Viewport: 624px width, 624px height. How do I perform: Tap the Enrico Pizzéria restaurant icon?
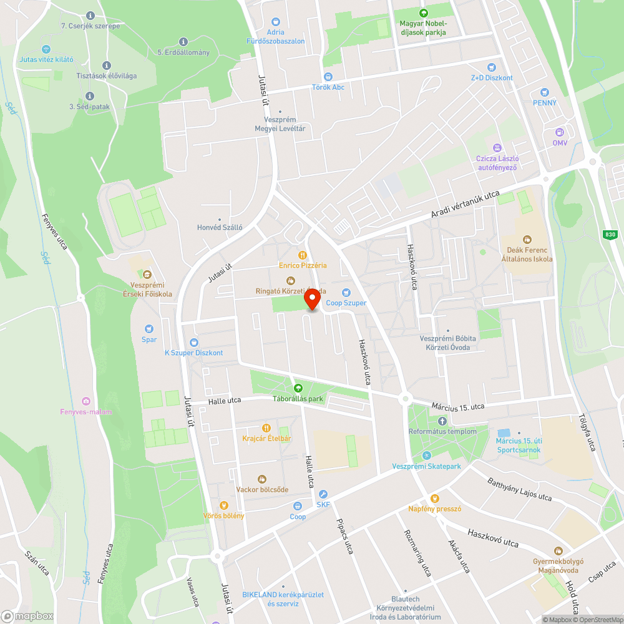tap(303, 255)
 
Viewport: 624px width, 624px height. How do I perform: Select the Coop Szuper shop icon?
tap(346, 292)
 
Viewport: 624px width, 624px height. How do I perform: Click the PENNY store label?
tap(545, 102)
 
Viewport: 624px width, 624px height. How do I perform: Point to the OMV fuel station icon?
tap(560, 132)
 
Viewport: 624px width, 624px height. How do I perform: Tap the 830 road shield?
tap(610, 235)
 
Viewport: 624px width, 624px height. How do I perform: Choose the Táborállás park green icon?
tap(298, 388)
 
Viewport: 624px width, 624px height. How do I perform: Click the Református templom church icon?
tap(442, 421)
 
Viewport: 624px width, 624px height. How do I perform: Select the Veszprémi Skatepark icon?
tap(427, 456)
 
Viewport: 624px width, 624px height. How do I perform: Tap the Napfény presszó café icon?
tap(434, 498)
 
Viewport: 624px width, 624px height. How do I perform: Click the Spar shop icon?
tap(149, 329)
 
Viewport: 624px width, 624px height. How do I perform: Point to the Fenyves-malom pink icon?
tap(86, 401)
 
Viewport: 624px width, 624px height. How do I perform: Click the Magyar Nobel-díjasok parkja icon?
tap(424, 13)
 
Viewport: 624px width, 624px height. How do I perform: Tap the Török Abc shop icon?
tap(328, 76)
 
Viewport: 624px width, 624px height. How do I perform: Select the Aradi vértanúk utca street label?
tap(465, 205)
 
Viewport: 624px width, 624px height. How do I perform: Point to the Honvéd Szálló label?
tap(219, 228)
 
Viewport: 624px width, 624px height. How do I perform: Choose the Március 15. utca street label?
tap(457, 406)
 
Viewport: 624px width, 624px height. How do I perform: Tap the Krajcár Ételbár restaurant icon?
tap(266, 427)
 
